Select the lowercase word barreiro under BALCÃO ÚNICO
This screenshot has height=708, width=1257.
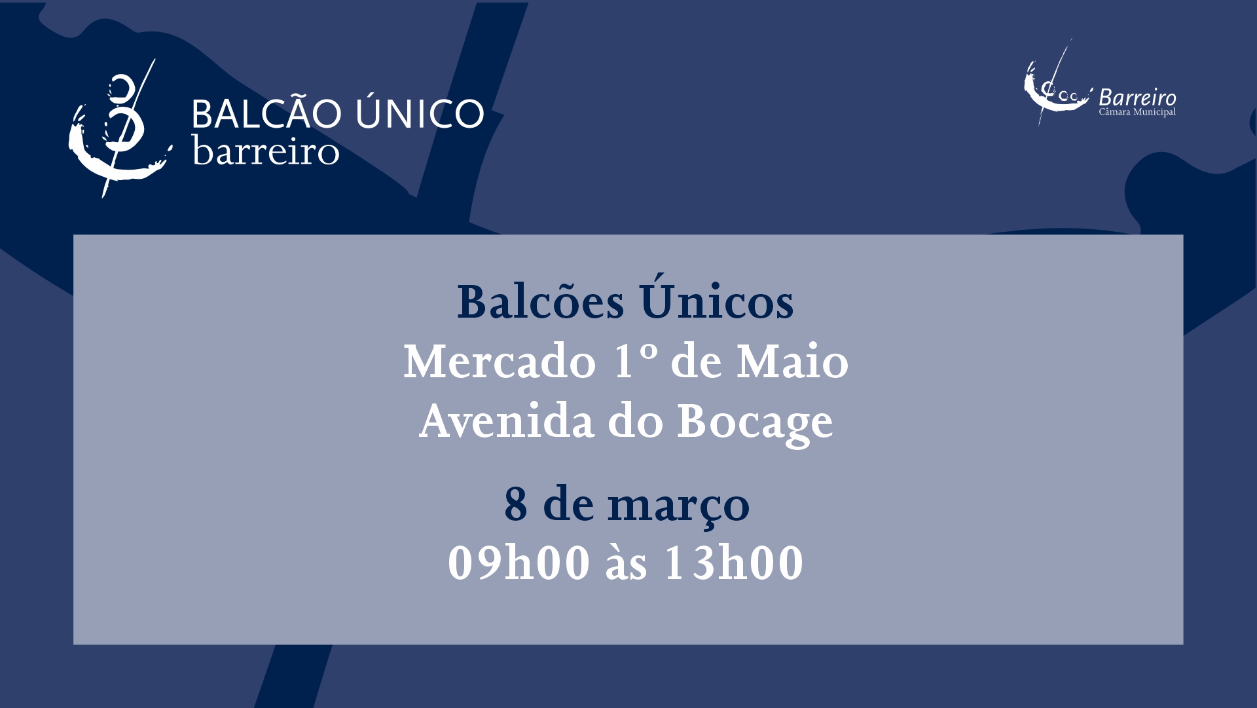click(266, 151)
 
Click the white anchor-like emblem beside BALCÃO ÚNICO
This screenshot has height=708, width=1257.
click(118, 131)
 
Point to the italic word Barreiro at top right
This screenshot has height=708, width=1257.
click(1137, 98)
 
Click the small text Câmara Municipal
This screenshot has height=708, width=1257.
click(1137, 112)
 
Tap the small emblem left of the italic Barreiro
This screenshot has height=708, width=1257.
click(1055, 85)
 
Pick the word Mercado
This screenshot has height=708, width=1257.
click(500, 362)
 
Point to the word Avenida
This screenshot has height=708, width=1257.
click(507, 421)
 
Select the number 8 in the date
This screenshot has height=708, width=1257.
click(516, 504)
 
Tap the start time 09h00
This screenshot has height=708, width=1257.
click(519, 563)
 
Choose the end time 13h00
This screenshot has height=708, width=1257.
click(734, 563)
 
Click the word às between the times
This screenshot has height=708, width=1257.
click(627, 563)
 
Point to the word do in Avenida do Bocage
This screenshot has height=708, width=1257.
click(636, 421)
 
